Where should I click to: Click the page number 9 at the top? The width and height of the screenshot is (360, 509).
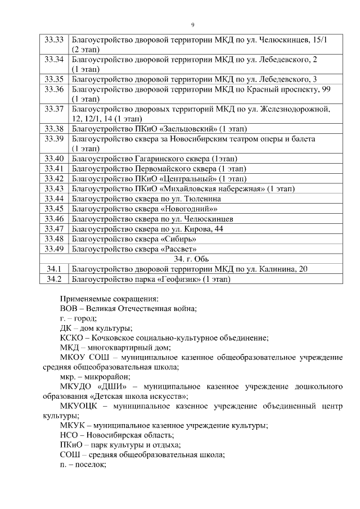pyautogui.click(x=193, y=25)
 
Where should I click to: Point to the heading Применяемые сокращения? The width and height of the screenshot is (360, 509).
pyautogui.click(x=109, y=299)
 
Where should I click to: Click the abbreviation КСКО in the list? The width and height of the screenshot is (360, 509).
pyautogui.click(x=72, y=338)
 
